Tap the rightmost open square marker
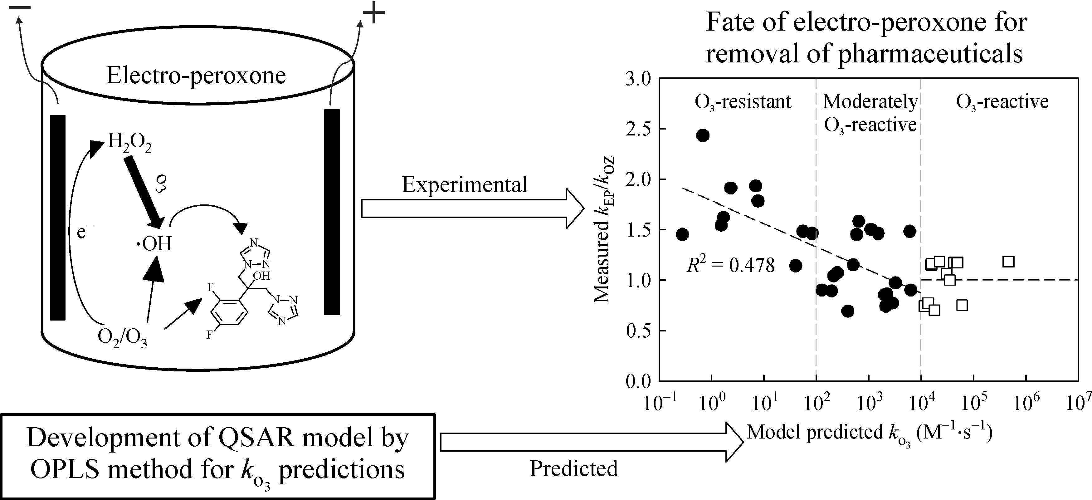pyautogui.click(x=1008, y=262)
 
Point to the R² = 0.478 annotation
pyautogui.click(x=730, y=266)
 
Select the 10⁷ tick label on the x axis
pyautogui.click(x=1079, y=403)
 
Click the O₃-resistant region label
pyautogui.click(x=743, y=102)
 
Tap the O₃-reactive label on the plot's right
pyautogui.click(x=1002, y=102)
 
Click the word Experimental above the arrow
pyautogui.click(x=464, y=185)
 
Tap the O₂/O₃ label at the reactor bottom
pyautogui.click(x=122, y=338)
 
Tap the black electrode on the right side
pyautogui.click(x=332, y=212)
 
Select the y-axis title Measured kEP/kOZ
pyautogui.click(x=603, y=229)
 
